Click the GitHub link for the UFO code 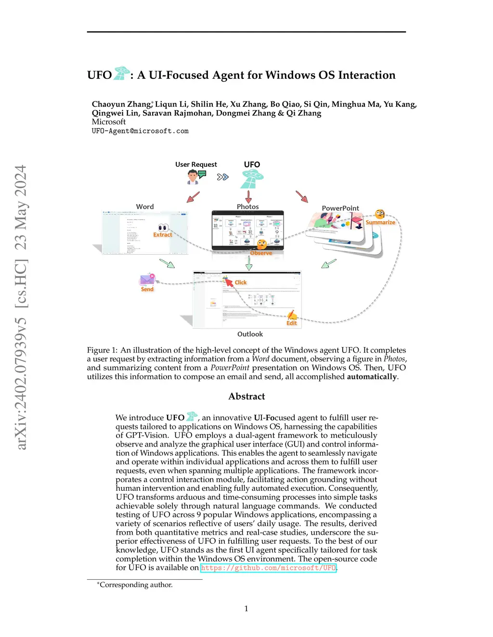pyautogui.click(x=268, y=568)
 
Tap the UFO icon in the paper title pyautogui.click(x=122, y=73)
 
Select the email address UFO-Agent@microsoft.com pyautogui.click(x=140, y=131)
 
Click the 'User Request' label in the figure pyautogui.click(x=196, y=164)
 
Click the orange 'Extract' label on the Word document pyautogui.click(x=163, y=235)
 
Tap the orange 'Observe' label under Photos pyautogui.click(x=261, y=253)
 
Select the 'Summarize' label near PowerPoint pyautogui.click(x=380, y=222)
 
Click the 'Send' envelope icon pyautogui.click(x=147, y=280)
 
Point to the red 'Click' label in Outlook pyautogui.click(x=240, y=282)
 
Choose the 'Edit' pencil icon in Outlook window pyautogui.click(x=292, y=316)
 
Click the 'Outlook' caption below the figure pyautogui.click(x=250, y=334)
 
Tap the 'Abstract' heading pyautogui.click(x=246, y=396)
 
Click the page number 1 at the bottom pyautogui.click(x=246, y=609)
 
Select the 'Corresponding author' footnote pyautogui.click(x=136, y=585)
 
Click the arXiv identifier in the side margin pyautogui.click(x=21, y=308)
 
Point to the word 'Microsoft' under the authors pyautogui.click(x=109, y=122)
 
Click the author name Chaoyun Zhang pyautogui.click(x=121, y=104)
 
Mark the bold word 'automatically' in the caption pyautogui.click(x=372, y=376)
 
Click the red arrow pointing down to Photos pyautogui.click(x=248, y=197)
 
